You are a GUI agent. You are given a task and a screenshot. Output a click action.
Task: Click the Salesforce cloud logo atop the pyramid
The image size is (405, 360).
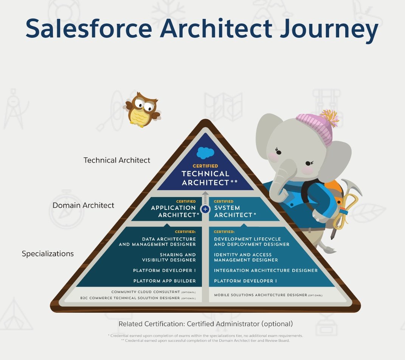pos(205,153)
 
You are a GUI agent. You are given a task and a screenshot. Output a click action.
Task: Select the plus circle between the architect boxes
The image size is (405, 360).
pos(205,209)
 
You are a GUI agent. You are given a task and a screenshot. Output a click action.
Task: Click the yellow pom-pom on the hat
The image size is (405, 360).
pos(330,118)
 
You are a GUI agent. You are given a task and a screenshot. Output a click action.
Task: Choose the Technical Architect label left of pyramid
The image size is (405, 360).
pos(117,160)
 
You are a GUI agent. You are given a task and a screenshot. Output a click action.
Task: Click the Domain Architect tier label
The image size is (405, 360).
pos(83,205)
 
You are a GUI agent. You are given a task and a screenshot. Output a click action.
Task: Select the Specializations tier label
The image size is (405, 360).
pos(48,254)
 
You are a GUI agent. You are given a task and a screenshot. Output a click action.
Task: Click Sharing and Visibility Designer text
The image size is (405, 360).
pos(169,257)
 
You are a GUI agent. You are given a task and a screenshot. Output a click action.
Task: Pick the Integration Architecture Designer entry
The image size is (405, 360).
pos(266,270)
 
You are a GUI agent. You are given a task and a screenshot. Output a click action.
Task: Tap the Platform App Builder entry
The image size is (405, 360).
pos(164,281)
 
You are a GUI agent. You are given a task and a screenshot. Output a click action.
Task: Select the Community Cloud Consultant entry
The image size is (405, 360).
pos(146,292)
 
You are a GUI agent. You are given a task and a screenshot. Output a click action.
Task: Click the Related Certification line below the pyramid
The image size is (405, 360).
pos(205,324)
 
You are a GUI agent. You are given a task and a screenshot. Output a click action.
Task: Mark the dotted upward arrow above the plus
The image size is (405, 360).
pos(205,197)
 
